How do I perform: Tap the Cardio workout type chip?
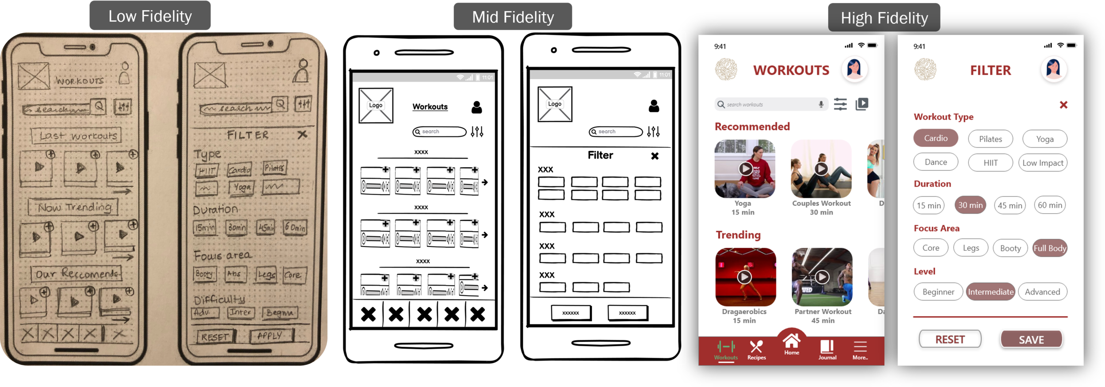click(x=936, y=138)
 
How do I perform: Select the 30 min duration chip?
click(x=970, y=205)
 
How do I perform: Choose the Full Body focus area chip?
click(x=1050, y=248)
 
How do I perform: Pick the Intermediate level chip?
click(x=991, y=292)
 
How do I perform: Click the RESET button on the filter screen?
click(x=950, y=339)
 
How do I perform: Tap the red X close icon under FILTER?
click(x=1063, y=105)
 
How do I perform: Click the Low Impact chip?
click(x=1043, y=163)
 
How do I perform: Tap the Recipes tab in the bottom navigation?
click(x=756, y=350)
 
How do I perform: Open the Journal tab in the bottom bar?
click(x=827, y=350)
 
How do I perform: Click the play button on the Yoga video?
click(x=745, y=169)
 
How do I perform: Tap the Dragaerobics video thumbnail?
click(x=745, y=277)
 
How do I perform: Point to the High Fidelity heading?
click(x=884, y=18)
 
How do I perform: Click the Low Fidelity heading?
click(x=150, y=16)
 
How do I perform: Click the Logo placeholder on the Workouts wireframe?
click(x=376, y=105)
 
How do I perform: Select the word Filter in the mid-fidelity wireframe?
click(x=600, y=155)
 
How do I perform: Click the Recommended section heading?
click(x=752, y=126)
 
